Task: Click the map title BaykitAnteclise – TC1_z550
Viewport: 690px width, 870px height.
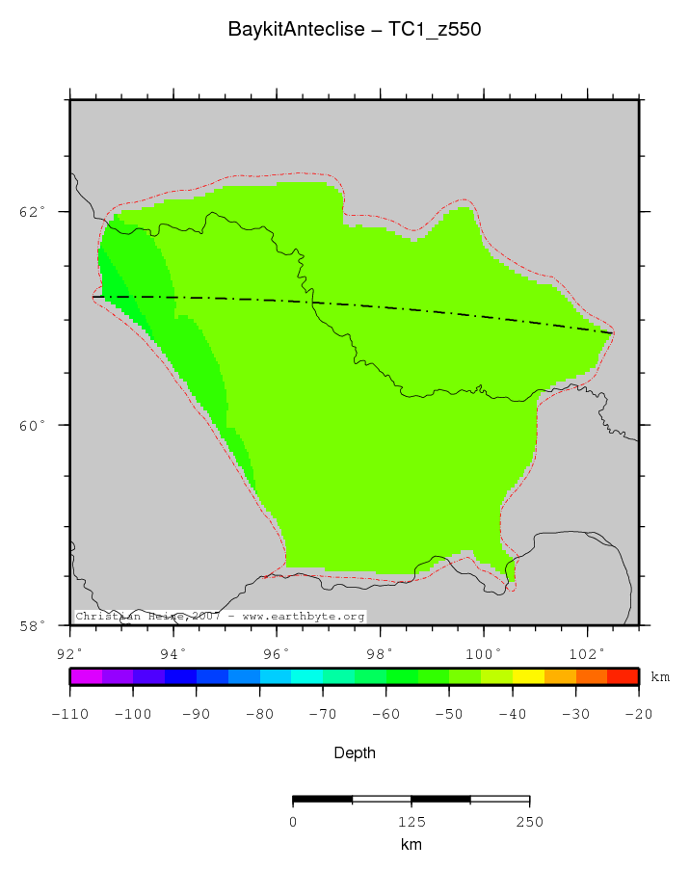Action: click(x=354, y=30)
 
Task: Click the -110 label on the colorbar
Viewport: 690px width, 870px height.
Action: click(x=70, y=714)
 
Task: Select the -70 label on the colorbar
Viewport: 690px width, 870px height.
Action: click(x=323, y=714)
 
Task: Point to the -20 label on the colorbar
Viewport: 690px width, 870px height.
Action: click(x=638, y=714)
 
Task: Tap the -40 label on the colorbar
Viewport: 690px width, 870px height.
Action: click(x=512, y=714)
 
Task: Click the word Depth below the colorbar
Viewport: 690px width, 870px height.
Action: click(x=354, y=752)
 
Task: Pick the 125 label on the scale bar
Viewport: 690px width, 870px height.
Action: click(x=411, y=822)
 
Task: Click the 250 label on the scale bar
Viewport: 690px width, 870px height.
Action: click(x=529, y=822)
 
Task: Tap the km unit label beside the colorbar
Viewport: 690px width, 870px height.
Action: click(x=660, y=677)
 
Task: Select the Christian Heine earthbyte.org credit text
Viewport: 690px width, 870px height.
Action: click(x=220, y=616)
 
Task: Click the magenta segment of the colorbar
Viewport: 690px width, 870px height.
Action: click(x=86, y=676)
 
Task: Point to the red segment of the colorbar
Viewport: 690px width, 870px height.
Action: click(x=623, y=676)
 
